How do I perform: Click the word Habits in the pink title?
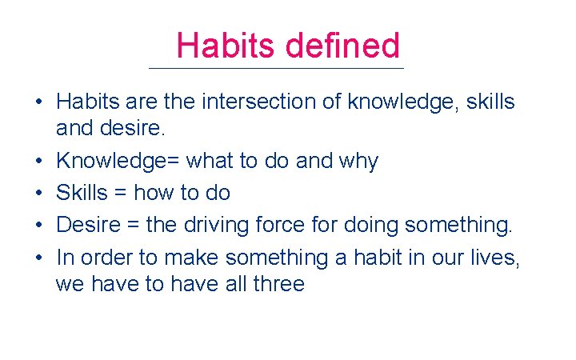click(226, 46)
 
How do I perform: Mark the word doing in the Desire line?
click(371, 226)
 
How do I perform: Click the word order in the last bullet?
click(104, 258)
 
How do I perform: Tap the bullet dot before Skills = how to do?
click(38, 194)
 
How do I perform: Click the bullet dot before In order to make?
click(38, 258)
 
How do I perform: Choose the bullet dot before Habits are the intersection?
click(38, 103)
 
